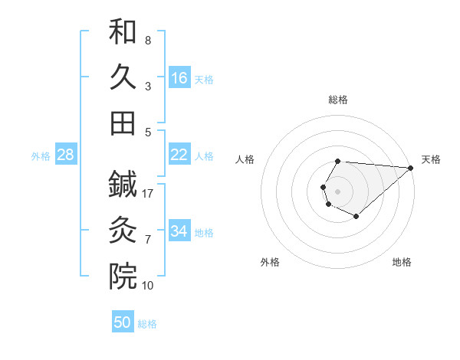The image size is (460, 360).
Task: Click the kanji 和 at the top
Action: click(x=123, y=32)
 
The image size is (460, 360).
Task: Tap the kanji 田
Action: click(x=123, y=123)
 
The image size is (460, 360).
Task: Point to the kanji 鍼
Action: click(x=123, y=185)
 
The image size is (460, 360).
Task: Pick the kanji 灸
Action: click(x=123, y=231)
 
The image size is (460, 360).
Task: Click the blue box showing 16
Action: click(x=179, y=78)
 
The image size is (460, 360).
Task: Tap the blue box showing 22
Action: click(x=179, y=155)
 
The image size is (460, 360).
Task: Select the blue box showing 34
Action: click(x=179, y=231)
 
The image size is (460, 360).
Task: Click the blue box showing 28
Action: click(x=66, y=155)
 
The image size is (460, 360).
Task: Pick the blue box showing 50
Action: click(x=123, y=322)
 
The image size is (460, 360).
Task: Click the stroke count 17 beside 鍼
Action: click(x=149, y=194)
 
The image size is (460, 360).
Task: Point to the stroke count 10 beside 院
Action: click(x=148, y=286)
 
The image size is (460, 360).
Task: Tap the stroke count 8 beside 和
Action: click(x=148, y=40)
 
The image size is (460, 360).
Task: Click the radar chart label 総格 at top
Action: click(x=338, y=100)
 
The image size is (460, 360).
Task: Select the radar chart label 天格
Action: click(x=431, y=159)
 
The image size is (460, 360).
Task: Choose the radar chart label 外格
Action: click(x=270, y=262)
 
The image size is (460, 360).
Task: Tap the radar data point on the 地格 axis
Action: click(x=356, y=217)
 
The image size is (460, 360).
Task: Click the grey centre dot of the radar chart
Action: click(x=337, y=190)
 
